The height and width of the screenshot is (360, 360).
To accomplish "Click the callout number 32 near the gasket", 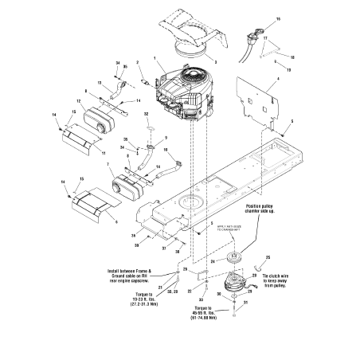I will coord(147,115).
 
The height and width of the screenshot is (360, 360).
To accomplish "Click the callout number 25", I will coord(268,257).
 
